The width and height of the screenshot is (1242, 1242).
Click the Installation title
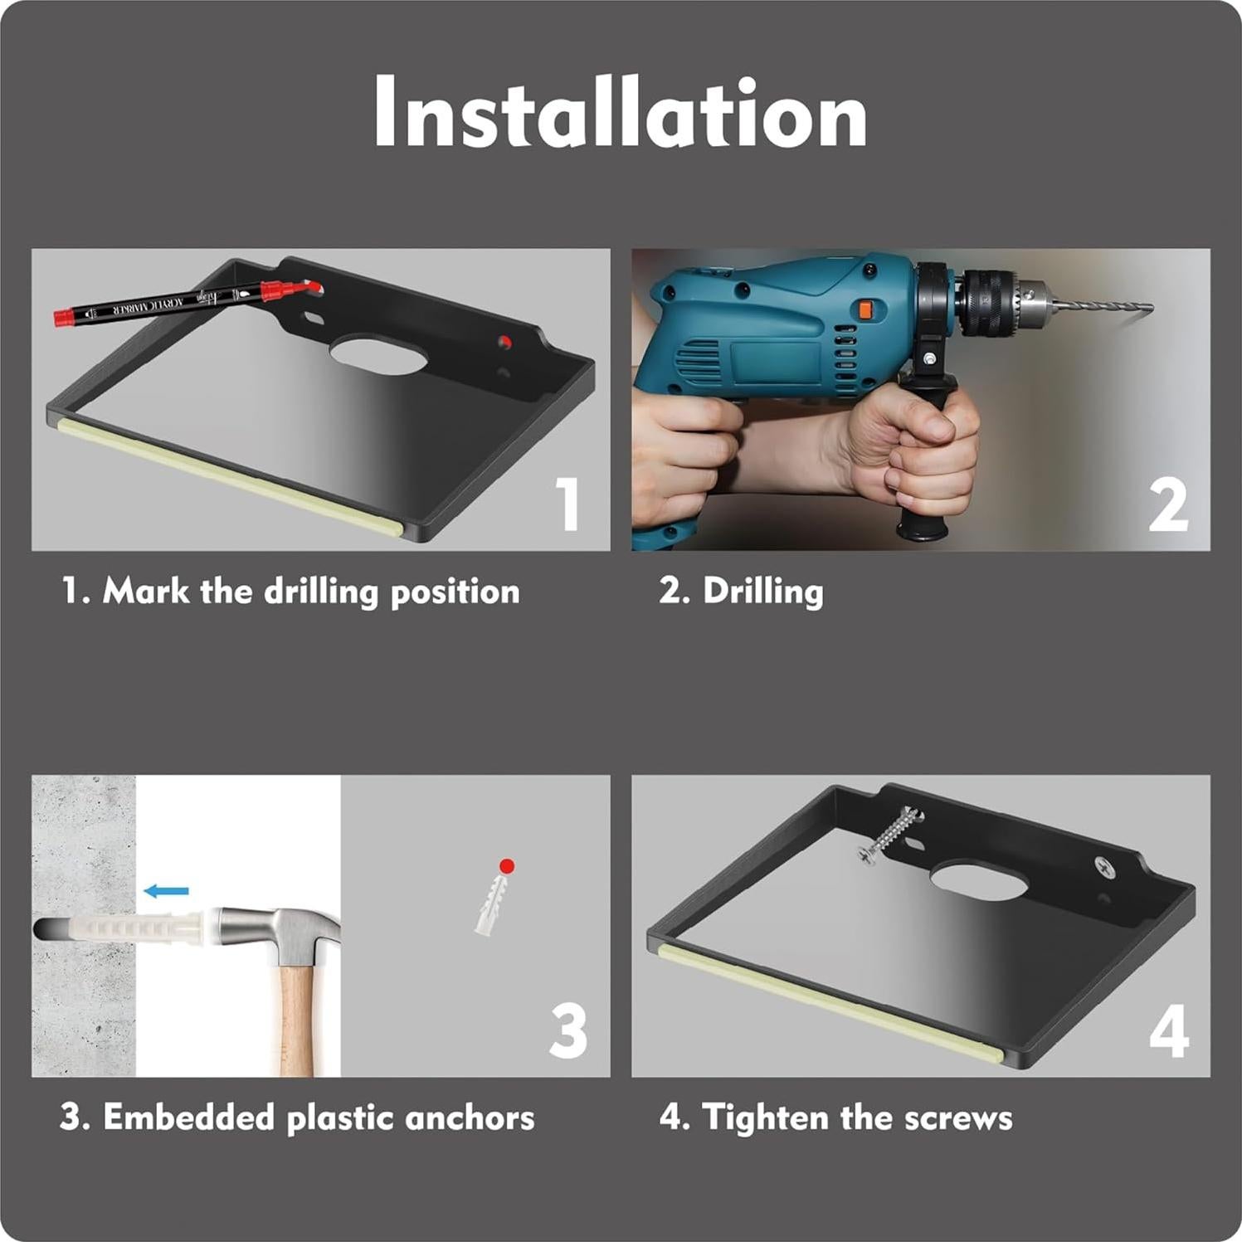coord(620,112)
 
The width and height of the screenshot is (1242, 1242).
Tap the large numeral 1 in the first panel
coord(568,504)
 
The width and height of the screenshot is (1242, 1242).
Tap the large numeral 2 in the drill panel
coord(1168,505)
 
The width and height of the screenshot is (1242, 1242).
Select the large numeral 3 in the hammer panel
coord(568,1030)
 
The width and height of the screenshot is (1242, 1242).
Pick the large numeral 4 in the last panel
coord(1169,1032)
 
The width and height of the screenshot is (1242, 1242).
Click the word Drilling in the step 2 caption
coord(762,592)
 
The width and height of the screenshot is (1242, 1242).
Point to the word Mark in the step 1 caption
coord(146,592)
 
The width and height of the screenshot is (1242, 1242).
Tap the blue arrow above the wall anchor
coord(167,891)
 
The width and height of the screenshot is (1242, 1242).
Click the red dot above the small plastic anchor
coord(507,866)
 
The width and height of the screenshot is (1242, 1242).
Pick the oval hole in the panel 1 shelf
coord(378,354)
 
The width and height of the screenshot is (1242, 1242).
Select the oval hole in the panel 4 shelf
coord(979,881)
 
